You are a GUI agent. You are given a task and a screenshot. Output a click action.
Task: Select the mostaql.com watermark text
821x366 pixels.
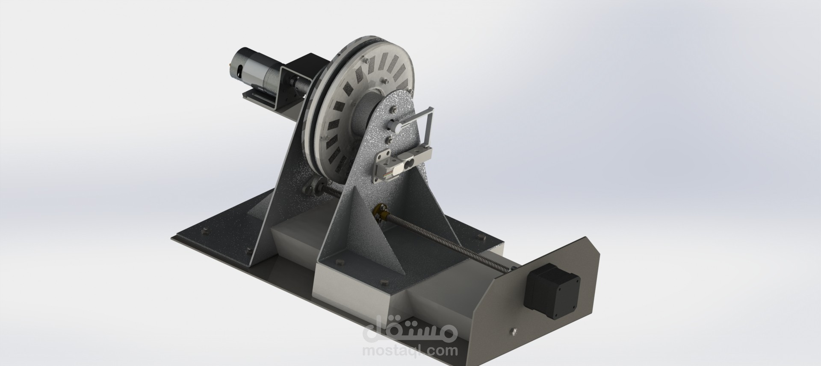pyautogui.click(x=410, y=351)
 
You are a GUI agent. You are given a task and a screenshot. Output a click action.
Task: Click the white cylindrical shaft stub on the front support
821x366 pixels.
pyautogui.click(x=395, y=127)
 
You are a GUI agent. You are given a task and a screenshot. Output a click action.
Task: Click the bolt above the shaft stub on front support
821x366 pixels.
pyautogui.click(x=390, y=111)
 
